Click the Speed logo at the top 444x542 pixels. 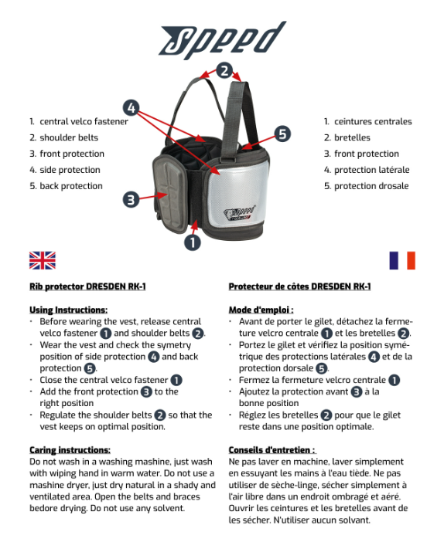pyautogui.click(x=222, y=39)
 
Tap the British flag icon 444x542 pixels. pyautogui.click(x=43, y=260)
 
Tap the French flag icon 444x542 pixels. pyautogui.click(x=402, y=260)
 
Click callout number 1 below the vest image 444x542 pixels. pyautogui.click(x=193, y=242)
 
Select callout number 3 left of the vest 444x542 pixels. pyautogui.click(x=131, y=199)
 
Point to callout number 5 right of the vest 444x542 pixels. pyautogui.click(x=282, y=134)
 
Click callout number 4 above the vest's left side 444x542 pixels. pyautogui.click(x=131, y=108)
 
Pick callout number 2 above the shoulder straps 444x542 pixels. pyautogui.click(x=224, y=70)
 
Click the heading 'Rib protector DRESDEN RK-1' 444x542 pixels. pyautogui.click(x=87, y=286)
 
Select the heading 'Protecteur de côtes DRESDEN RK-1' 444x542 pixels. pyautogui.click(x=299, y=286)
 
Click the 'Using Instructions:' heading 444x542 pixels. pyautogui.click(x=69, y=310)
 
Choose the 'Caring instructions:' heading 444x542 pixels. pyautogui.click(x=70, y=450)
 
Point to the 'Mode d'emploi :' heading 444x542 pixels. pyautogui.click(x=261, y=310)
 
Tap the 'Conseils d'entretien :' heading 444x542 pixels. pyautogui.click(x=272, y=450)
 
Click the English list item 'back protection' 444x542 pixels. pyautogui.click(x=71, y=186)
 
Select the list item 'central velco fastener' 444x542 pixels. pyautogui.click(x=84, y=122)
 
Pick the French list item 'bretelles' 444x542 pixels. pyautogui.click(x=352, y=137)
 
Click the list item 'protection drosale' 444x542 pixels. pyautogui.click(x=371, y=186)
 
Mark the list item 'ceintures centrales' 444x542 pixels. pyautogui.click(x=373, y=122)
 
